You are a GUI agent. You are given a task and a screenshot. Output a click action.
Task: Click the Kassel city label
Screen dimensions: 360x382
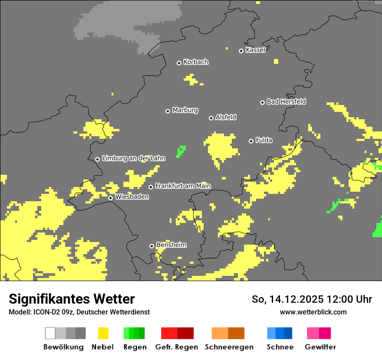255,50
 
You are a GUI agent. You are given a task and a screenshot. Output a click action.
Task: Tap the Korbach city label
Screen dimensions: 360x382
196,62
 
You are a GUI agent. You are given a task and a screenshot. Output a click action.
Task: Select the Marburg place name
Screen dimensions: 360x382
185,110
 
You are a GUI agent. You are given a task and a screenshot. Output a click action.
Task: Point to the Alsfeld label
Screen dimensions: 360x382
226,117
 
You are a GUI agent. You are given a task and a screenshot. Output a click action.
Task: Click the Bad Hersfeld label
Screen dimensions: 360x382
286,101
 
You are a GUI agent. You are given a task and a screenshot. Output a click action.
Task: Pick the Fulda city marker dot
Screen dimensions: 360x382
251,141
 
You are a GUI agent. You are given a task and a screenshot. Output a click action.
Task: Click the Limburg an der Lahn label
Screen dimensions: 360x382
133,158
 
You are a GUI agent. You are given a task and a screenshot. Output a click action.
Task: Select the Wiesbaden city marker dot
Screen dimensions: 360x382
111,198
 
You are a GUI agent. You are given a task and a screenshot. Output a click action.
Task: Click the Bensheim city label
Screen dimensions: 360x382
171,245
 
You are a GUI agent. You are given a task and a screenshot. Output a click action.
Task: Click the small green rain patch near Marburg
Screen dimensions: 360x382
181,151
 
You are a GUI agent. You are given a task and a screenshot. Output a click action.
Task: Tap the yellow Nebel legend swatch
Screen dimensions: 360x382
103,333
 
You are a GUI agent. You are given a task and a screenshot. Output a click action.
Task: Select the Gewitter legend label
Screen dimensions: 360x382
320,347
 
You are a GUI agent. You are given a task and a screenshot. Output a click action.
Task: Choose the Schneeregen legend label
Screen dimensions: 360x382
229,347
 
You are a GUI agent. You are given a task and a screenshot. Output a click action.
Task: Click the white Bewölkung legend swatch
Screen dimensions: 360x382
50,333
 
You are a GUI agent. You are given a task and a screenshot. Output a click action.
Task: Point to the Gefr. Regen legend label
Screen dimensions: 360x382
177,347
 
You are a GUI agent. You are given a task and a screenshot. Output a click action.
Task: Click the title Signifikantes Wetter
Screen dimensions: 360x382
72,299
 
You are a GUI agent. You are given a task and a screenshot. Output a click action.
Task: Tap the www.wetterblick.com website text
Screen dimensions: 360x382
313,312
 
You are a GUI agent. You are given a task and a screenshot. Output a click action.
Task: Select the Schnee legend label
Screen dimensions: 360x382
280,347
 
